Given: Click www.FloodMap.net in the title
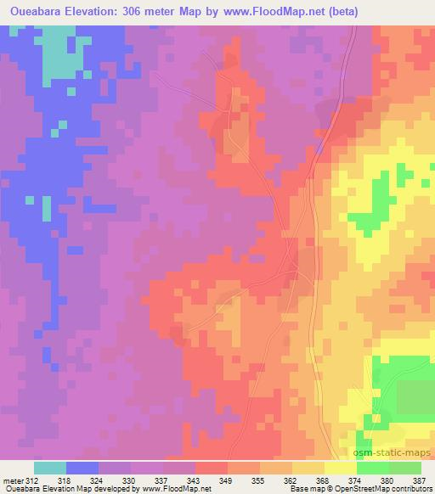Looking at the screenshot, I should (271, 12).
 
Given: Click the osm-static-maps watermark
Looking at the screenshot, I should (399, 454).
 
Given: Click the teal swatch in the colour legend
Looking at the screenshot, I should (49, 468).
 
